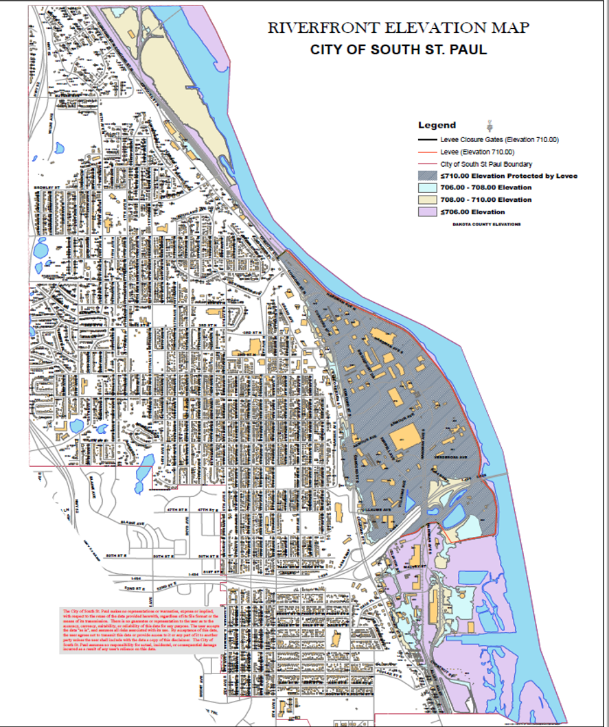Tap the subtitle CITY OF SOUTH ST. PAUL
tap(398, 50)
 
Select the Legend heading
tap(437, 125)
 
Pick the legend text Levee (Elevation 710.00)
tap(477, 152)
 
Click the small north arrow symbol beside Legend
tap(490, 124)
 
